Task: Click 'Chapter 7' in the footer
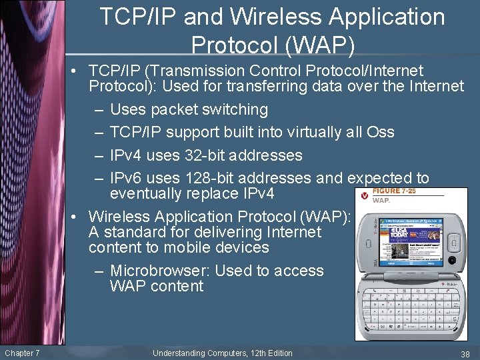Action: click(22, 353)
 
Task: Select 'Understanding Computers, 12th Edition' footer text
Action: click(222, 353)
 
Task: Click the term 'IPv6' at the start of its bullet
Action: click(125, 178)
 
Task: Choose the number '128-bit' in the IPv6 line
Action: click(205, 178)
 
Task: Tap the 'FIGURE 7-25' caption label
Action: click(394, 191)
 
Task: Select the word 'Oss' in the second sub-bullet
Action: click(380, 132)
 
